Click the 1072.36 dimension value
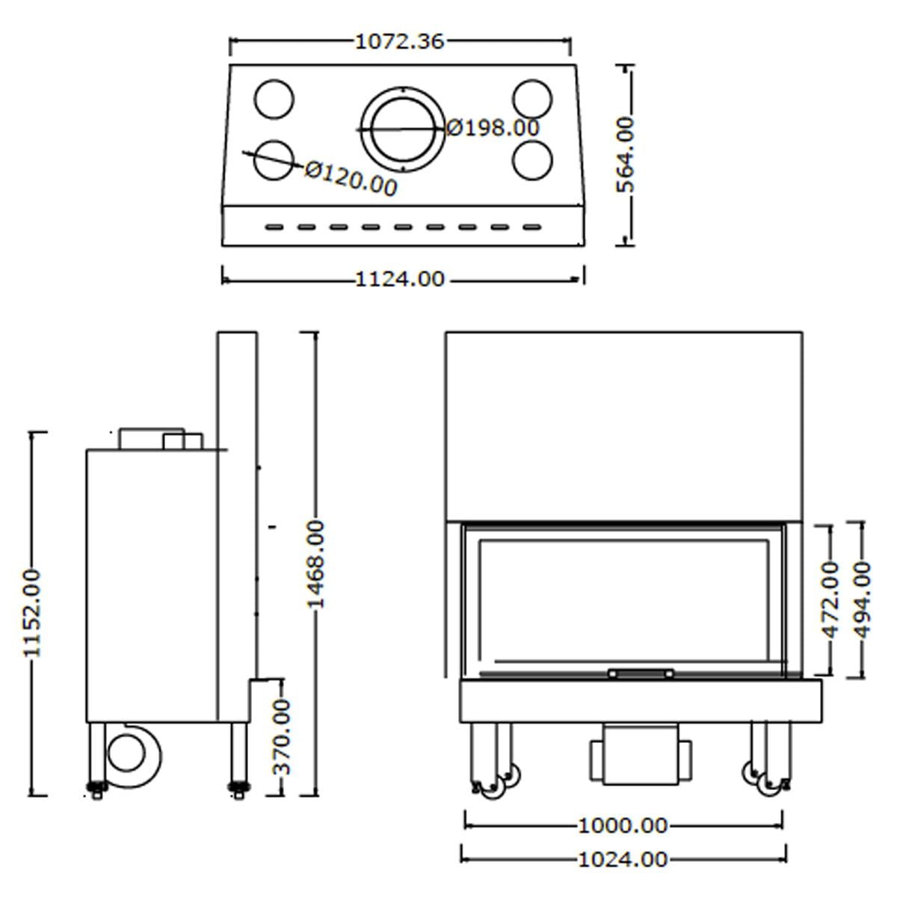[x=400, y=42]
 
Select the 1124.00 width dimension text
[x=400, y=280]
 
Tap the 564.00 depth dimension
[x=625, y=155]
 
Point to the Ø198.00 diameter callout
[x=493, y=128]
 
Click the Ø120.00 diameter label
[x=351, y=179]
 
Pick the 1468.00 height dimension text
[x=315, y=564]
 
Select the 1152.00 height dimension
[x=32, y=613]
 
